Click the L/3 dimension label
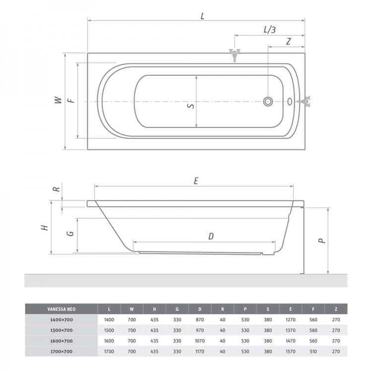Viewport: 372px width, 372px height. point(269,30)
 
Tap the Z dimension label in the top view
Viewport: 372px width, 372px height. point(289,42)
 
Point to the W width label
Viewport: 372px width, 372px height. point(58,100)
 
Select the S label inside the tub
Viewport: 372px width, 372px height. point(191,105)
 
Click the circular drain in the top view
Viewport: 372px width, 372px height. point(268,102)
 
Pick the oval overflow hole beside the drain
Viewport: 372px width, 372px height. point(290,102)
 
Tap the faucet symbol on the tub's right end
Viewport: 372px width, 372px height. point(305,102)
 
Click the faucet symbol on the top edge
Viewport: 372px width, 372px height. point(235,55)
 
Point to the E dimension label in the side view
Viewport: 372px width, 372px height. point(196,181)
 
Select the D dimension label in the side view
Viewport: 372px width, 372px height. point(211,236)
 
